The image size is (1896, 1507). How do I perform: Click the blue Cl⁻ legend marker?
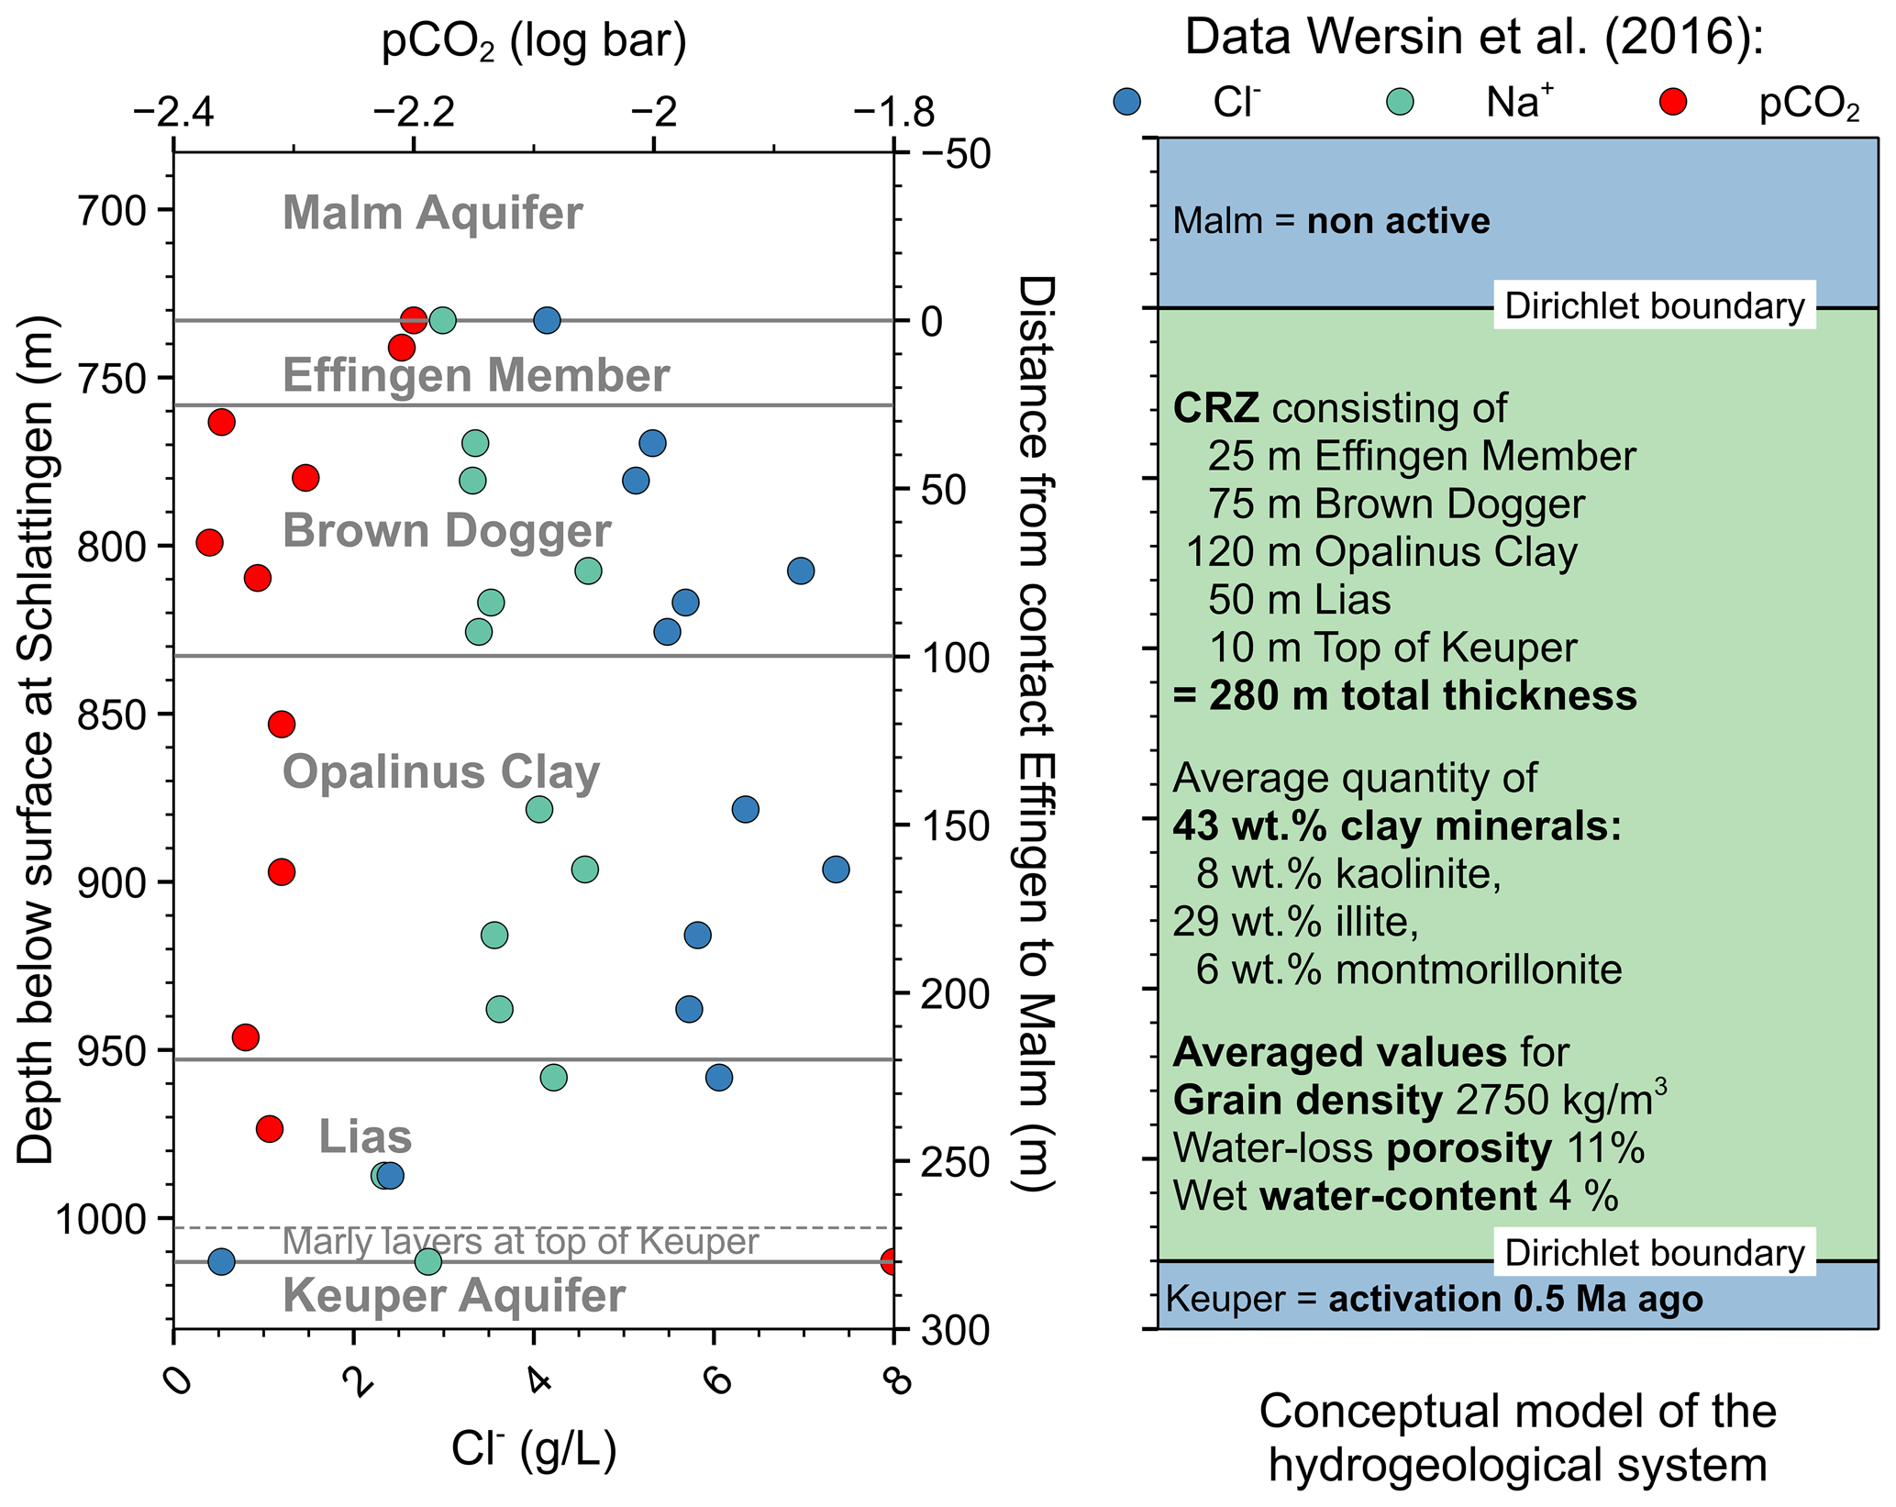[x=1126, y=102]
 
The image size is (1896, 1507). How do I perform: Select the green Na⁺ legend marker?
[x=1401, y=102]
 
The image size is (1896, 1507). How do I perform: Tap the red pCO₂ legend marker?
[x=1674, y=102]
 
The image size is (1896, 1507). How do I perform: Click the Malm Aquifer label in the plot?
[x=432, y=213]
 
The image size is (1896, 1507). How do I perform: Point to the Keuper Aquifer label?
[x=454, y=1295]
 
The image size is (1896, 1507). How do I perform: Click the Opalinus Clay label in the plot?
[x=440, y=771]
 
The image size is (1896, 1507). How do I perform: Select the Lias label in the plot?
[x=365, y=1136]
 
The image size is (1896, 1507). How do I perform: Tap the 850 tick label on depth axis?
[x=111, y=715]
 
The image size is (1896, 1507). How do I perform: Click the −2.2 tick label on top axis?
[x=413, y=113]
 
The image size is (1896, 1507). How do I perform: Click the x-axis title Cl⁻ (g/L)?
[x=533, y=1450]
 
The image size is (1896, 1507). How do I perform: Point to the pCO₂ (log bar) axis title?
[x=534, y=41]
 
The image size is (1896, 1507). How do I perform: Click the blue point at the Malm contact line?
[x=547, y=320]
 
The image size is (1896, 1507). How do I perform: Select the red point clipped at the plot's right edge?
[x=889, y=1261]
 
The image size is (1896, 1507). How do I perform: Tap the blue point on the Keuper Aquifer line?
[x=221, y=1262]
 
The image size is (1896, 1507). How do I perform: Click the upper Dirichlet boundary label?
[x=1654, y=305]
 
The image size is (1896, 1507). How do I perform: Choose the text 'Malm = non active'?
[x=1331, y=221]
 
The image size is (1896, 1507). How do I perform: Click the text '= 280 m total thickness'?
[x=1404, y=695]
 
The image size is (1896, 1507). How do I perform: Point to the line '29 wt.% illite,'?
[x=1295, y=921]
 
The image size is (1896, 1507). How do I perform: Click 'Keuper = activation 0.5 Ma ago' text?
[x=1434, y=1299]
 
